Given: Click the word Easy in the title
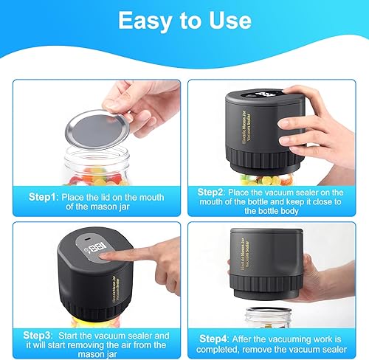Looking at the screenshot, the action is point(145,21).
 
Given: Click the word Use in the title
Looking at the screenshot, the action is point(230,21).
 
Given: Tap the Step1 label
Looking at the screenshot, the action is point(43,197).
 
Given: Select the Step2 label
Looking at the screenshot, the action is point(211,192).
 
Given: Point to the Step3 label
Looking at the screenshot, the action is point(38,336).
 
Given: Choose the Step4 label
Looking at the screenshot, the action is point(213,339).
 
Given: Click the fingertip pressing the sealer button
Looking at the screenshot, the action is point(105,256).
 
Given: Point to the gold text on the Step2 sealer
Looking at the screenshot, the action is point(246,128).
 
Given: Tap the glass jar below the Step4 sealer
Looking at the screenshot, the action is point(269,317).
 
